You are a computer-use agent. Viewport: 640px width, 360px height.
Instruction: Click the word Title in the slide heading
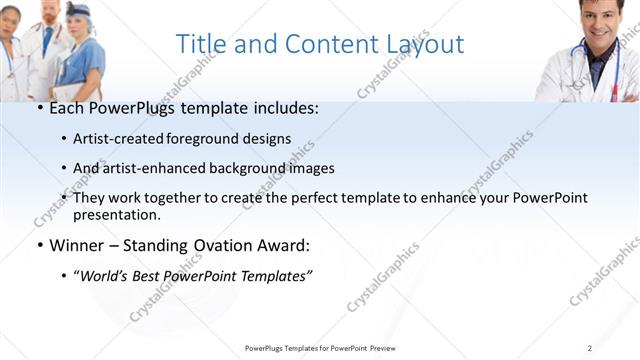coord(199,44)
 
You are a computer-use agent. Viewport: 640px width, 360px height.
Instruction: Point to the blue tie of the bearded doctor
coord(46,40)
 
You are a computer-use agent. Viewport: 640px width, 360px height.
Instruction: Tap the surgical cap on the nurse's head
coord(78,10)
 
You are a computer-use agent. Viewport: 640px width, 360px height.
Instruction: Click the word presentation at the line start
coord(117,214)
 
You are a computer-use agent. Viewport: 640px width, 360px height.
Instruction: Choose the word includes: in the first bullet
coord(286,107)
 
